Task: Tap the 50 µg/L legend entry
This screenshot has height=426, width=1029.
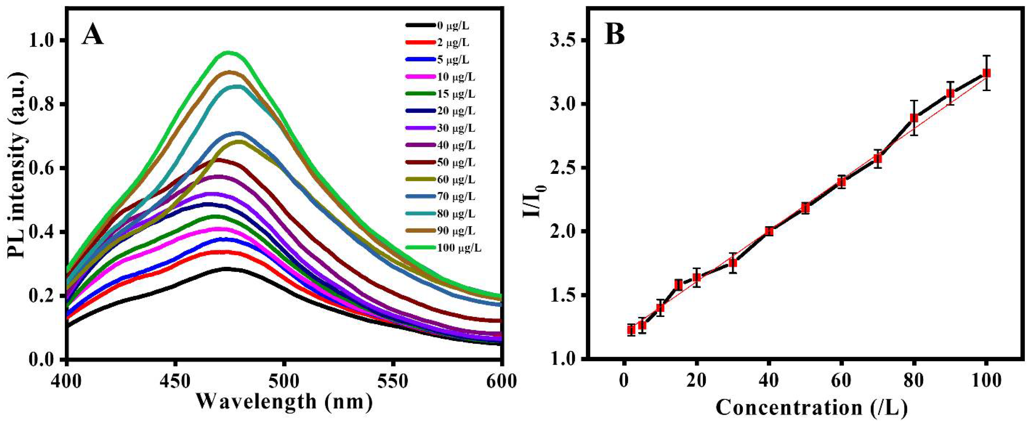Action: (456, 163)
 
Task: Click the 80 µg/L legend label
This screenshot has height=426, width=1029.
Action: (456, 214)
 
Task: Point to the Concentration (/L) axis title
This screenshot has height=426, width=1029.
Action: (805, 408)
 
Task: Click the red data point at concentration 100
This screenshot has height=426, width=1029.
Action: (987, 73)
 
